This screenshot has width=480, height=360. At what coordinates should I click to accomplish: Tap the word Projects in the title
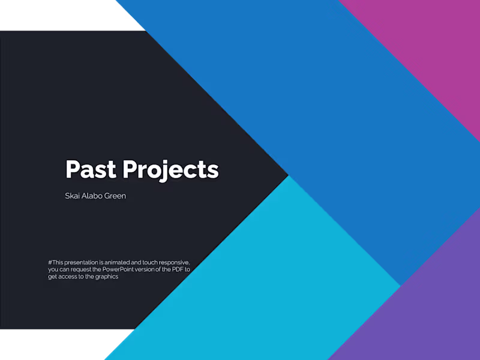tap(171, 170)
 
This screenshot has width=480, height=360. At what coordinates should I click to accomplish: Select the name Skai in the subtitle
tap(73, 196)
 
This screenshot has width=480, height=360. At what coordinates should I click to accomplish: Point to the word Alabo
tap(94, 196)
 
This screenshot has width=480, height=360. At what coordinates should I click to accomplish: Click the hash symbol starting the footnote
tap(50, 263)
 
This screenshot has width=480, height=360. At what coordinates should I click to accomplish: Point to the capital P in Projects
tap(130, 169)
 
